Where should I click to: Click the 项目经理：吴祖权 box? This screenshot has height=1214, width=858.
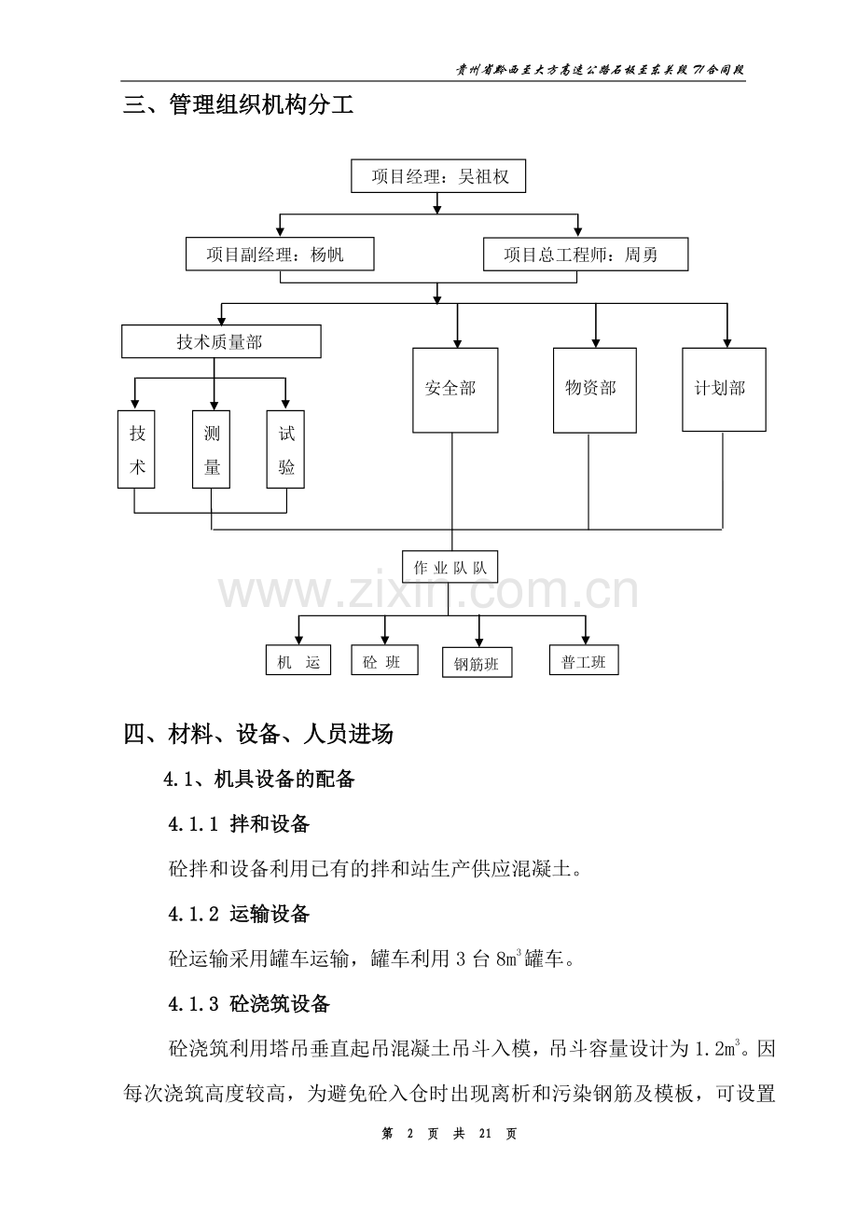438,176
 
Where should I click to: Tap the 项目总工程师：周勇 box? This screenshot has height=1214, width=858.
586,254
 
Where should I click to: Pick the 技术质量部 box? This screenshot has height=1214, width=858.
221,342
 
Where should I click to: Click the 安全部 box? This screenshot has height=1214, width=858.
455,389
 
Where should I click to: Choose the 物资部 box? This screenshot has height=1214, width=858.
594,389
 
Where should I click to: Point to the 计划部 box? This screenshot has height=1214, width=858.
724,389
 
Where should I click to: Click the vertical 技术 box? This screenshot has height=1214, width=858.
137,449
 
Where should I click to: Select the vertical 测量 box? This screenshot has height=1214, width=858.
212,449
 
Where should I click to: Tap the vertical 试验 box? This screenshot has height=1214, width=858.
286,449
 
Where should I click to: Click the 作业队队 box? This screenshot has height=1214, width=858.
450,568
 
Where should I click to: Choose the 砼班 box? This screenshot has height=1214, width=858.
382,661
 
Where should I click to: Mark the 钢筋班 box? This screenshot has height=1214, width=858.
477,663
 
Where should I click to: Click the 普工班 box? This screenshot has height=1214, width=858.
584,661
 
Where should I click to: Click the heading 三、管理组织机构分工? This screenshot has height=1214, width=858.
239,105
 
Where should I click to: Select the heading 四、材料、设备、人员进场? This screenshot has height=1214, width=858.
258,735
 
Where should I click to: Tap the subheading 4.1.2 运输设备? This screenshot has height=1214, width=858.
239,914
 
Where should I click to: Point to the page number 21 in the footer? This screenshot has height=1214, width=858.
484,1134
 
